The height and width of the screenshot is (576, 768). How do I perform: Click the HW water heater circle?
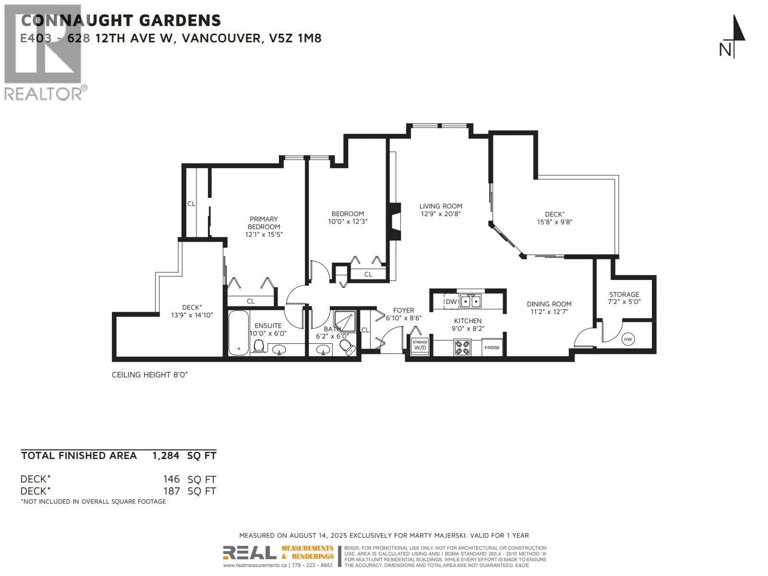628,339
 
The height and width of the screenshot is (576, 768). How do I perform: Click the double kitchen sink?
471,301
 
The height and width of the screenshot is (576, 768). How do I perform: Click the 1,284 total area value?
166,456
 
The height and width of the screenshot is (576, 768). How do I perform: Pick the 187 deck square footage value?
172,491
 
